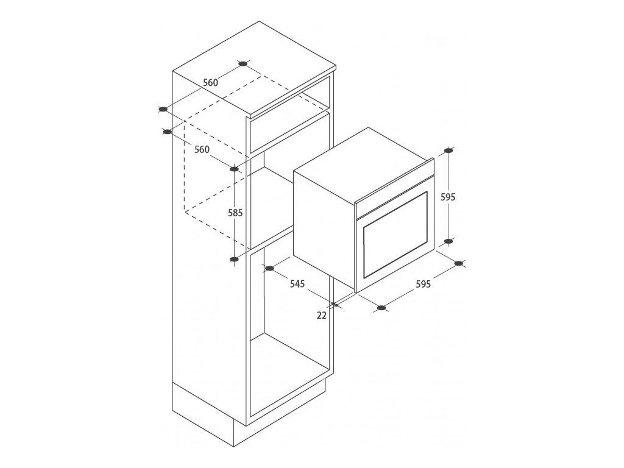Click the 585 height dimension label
(x=235, y=213)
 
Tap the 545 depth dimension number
(x=297, y=284)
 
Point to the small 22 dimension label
(x=322, y=315)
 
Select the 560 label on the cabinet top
(x=210, y=82)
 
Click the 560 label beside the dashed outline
(x=201, y=150)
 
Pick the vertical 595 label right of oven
(x=448, y=197)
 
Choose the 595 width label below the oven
(x=423, y=284)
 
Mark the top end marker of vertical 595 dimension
(x=448, y=151)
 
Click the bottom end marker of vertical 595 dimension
(x=448, y=241)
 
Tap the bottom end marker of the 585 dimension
(x=235, y=260)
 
